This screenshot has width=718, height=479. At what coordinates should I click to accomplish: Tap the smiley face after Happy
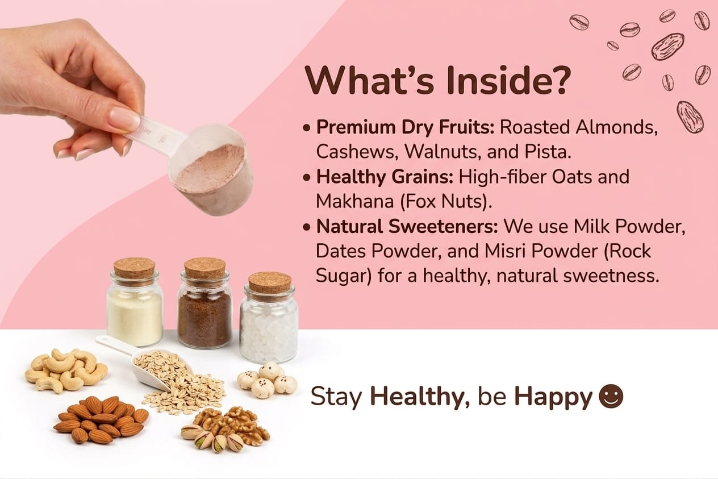[x=611, y=396]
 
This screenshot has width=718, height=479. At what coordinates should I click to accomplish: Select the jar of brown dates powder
[x=205, y=303]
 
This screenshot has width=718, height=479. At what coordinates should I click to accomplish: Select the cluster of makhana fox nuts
[x=268, y=380]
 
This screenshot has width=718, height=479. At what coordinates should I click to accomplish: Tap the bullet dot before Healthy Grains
[x=307, y=177]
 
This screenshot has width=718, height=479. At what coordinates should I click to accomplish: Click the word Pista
[x=548, y=152]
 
